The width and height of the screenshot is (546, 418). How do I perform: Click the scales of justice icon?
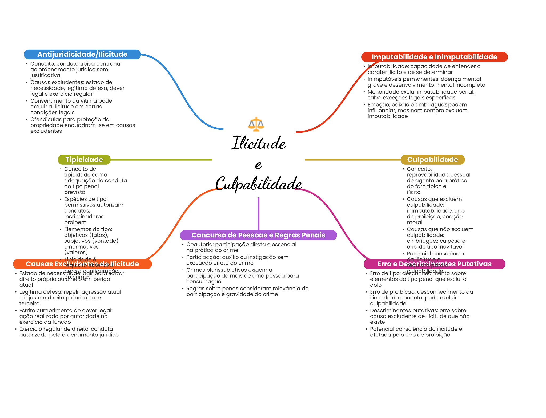point(256,124)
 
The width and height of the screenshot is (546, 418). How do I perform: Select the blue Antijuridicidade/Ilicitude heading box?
point(82,54)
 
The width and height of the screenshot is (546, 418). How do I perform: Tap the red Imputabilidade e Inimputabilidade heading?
point(434,57)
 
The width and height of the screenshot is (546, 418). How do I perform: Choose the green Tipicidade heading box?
point(84,160)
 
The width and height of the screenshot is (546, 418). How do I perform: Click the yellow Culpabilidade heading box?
point(432,160)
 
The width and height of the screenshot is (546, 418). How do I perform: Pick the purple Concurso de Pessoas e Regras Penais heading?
point(258,235)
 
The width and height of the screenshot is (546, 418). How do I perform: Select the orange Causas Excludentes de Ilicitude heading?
point(82,264)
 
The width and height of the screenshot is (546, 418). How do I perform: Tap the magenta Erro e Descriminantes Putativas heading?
point(434,264)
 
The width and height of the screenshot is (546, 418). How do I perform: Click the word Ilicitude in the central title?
point(259,143)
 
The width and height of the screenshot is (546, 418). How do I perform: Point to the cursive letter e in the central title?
point(258,164)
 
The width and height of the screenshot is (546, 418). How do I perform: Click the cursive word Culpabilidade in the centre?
point(259,184)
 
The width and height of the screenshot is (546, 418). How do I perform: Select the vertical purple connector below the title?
point(258,213)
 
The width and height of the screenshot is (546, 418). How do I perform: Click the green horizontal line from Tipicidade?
point(160,160)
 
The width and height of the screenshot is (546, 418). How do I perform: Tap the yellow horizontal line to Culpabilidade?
point(352,160)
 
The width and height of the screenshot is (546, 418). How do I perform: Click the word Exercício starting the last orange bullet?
point(30,329)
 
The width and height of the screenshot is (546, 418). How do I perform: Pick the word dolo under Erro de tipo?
point(376,285)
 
